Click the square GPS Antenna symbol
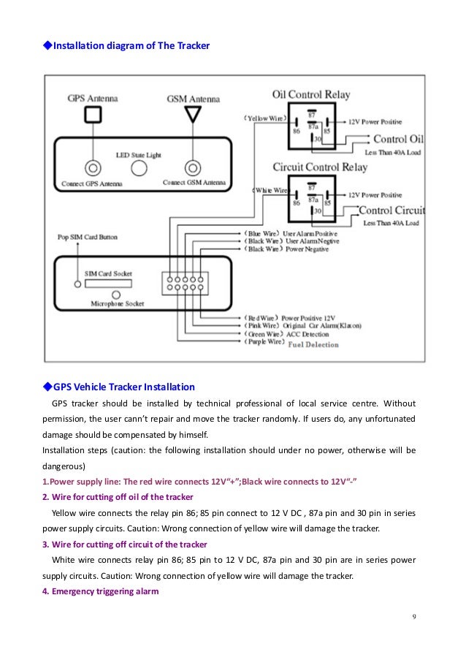(92, 114)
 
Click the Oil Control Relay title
(311, 95)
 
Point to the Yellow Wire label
(264, 118)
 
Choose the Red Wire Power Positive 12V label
(289, 319)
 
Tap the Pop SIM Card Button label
(88, 238)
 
